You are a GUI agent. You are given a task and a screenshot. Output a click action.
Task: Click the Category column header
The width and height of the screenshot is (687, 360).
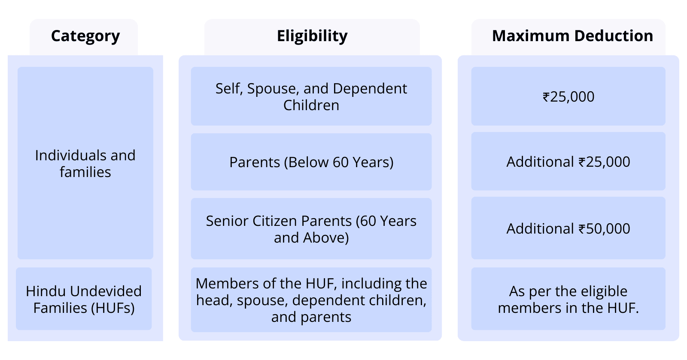[85, 36]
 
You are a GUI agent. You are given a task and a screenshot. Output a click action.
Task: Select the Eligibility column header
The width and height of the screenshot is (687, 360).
[312, 36]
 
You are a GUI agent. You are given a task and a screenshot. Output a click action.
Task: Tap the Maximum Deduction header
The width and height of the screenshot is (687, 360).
[572, 36]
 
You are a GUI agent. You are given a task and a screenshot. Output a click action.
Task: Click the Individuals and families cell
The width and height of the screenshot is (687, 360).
[85, 163]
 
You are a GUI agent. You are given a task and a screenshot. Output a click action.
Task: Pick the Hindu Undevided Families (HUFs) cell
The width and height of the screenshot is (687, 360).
[84, 299]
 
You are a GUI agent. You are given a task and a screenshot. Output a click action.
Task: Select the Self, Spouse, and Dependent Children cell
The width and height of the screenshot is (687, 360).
[311, 96]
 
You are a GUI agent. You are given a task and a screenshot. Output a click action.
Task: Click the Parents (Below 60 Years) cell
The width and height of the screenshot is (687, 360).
[311, 162]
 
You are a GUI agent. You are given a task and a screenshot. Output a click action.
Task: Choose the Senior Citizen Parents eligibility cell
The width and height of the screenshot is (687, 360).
[311, 229]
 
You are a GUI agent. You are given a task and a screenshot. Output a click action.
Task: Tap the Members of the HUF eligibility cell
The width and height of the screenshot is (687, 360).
[311, 300]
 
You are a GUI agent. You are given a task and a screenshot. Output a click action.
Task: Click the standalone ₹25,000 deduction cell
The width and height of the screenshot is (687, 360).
[568, 97]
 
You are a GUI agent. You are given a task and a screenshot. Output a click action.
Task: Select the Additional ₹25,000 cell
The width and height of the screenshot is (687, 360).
[568, 162]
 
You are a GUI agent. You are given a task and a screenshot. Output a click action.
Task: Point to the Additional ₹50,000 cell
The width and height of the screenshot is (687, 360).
[568, 229]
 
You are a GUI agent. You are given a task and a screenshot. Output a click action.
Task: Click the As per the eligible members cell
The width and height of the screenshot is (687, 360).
[568, 299]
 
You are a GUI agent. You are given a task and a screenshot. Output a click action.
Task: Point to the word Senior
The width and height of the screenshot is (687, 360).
[227, 221]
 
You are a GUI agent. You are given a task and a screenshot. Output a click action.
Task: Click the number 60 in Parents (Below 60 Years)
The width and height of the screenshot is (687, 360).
[340, 162]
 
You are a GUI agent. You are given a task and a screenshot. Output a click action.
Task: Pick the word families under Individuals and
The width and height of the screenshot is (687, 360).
[85, 172]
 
